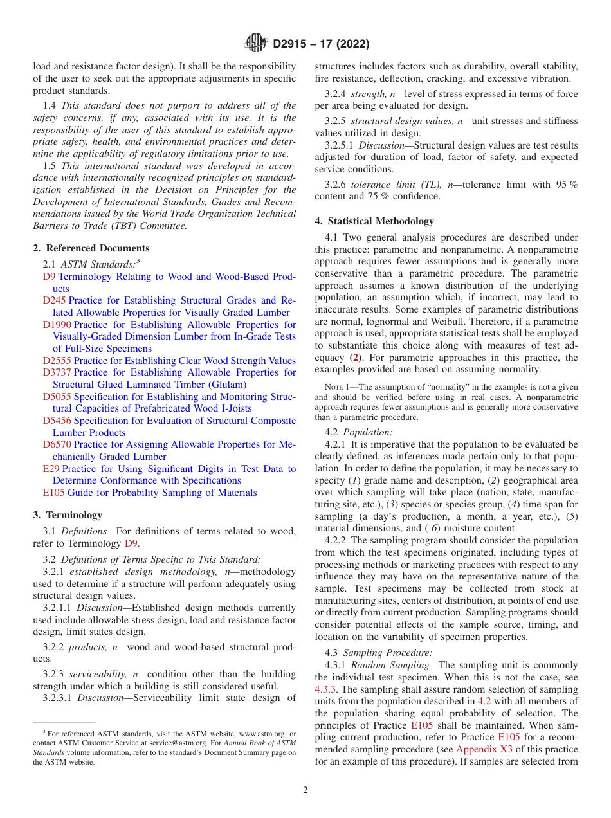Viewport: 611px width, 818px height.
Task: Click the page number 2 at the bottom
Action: pos(305,790)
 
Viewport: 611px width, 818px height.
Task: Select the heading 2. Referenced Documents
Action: pos(91,248)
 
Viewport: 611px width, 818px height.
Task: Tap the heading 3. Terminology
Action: pos(68,515)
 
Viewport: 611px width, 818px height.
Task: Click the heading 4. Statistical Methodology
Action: pos(374,221)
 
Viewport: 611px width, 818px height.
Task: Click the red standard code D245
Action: pos(55,300)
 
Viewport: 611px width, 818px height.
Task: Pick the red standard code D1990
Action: pos(57,325)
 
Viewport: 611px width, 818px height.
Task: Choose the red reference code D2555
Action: pos(57,361)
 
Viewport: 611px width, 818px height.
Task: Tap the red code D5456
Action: pos(57,421)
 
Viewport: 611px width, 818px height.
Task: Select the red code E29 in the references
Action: pos(51,469)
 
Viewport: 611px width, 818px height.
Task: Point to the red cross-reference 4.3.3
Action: pos(325,689)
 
